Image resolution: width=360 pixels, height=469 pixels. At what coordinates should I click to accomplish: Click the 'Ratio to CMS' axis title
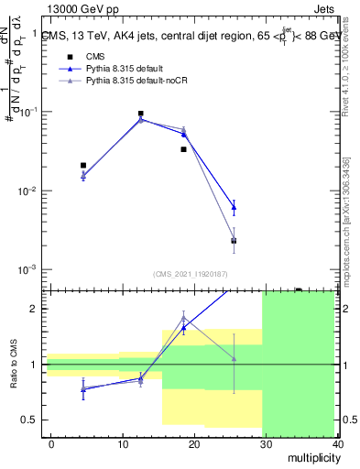tap(13, 364)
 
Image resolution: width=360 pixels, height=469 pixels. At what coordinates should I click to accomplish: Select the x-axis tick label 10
tap(123, 443)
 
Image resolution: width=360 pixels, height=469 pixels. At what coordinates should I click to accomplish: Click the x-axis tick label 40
tap(337, 443)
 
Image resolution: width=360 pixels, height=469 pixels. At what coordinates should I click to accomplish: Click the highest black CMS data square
tap(140, 114)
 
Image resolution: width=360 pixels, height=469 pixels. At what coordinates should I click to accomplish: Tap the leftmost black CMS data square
tap(83, 166)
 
